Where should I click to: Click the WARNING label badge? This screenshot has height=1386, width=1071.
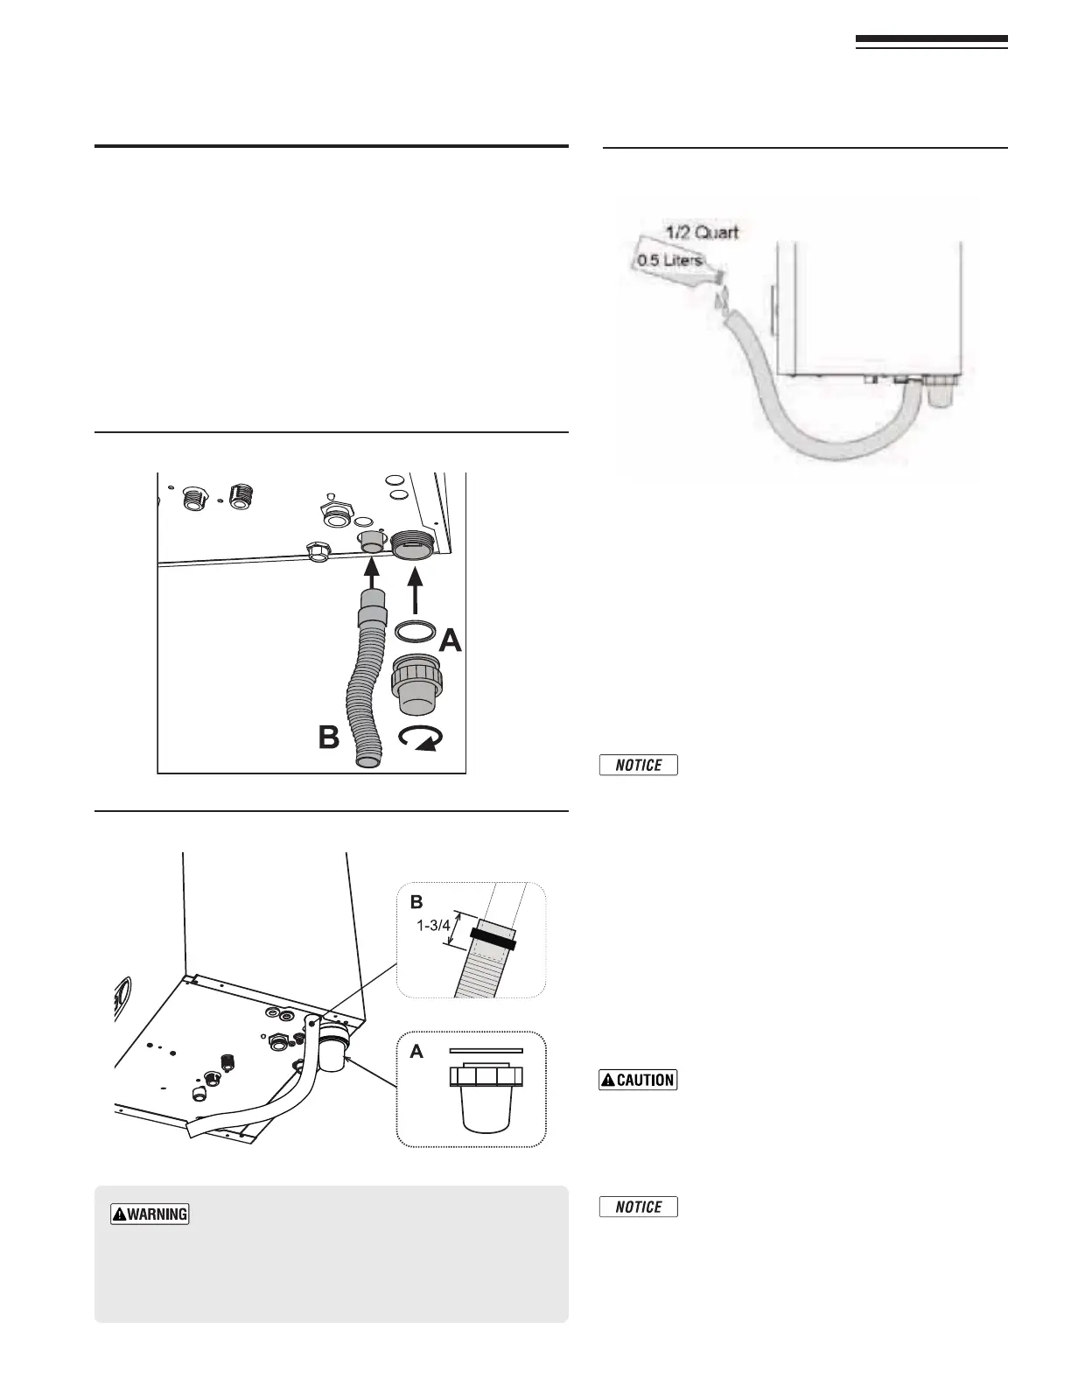tap(150, 1214)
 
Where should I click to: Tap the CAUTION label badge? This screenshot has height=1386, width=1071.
tap(638, 1079)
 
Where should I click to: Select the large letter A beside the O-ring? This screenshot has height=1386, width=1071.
tap(450, 641)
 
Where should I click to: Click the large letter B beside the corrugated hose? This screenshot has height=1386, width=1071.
tap(328, 738)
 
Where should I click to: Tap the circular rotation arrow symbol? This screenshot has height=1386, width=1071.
tap(418, 739)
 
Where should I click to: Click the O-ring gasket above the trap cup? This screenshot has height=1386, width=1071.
tap(415, 632)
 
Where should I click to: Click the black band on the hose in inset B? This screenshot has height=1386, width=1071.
tap(493, 940)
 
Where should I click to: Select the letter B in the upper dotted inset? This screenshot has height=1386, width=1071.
tap(416, 901)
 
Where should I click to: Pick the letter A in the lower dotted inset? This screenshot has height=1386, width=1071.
tap(416, 1053)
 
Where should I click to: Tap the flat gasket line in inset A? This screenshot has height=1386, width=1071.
tap(486, 1049)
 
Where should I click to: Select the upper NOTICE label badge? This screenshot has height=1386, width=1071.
tap(639, 765)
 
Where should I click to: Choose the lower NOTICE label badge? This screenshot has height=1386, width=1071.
tap(639, 1207)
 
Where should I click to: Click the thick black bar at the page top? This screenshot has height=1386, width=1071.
tap(931, 39)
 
